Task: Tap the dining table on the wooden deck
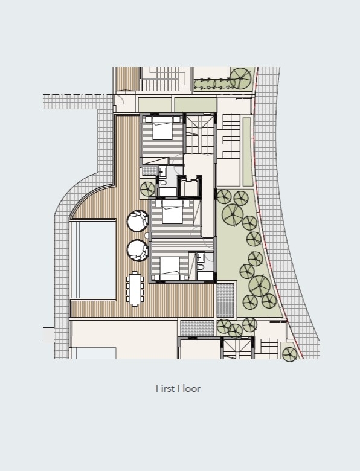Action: pos(135,289)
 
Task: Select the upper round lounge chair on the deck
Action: pos(138,221)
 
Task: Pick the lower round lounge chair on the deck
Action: pos(138,250)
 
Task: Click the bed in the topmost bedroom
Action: pos(162,128)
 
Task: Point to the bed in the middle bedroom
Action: pos(173,212)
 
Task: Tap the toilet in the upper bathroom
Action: pos(162,182)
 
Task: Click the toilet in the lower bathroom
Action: pos(201,267)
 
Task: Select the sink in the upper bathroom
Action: pos(162,172)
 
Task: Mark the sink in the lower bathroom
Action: pos(201,257)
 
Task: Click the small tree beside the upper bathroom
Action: pos(147,189)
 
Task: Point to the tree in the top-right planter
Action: pos(240,78)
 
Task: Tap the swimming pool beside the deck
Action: pos(97,259)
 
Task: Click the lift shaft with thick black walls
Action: pos(189,187)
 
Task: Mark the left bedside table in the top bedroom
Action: pos(149,119)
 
